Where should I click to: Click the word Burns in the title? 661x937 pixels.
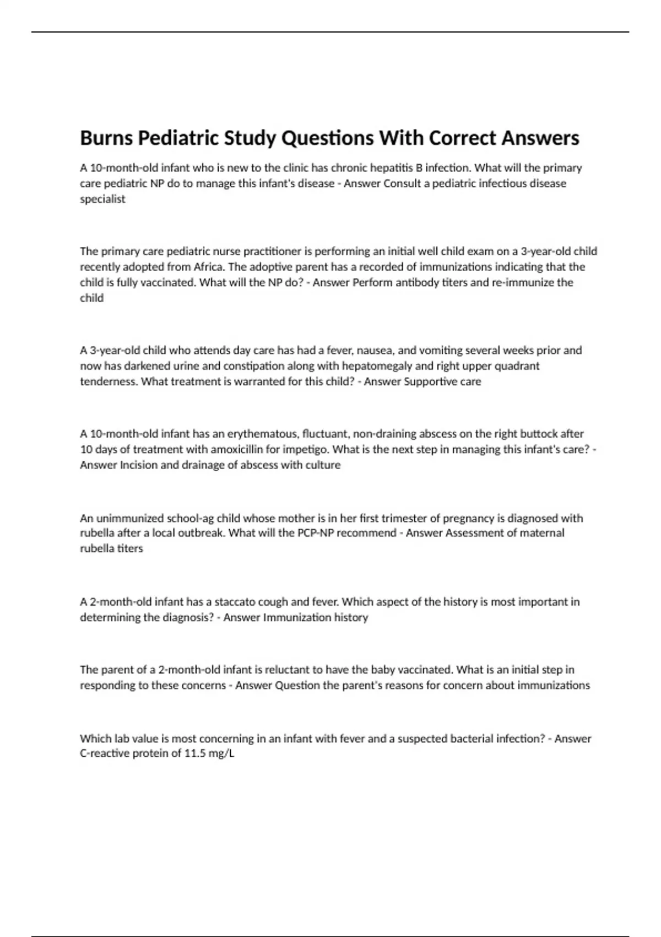[x=106, y=138]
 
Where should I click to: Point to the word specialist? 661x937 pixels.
[x=103, y=199]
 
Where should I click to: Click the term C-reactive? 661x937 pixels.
[x=105, y=753]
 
